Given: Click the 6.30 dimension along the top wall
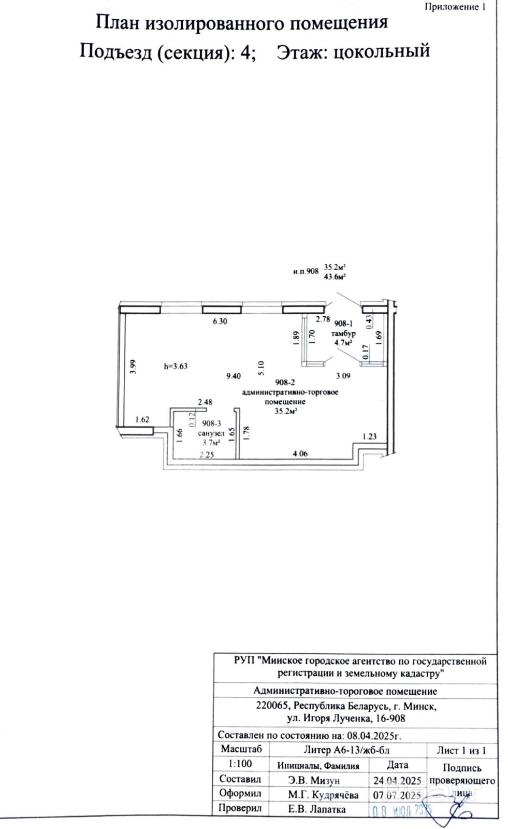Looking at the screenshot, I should [x=220, y=321].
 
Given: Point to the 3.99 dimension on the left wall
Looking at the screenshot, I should [x=134, y=367].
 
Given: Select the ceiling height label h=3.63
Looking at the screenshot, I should [x=175, y=366].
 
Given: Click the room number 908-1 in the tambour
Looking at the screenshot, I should [x=343, y=324].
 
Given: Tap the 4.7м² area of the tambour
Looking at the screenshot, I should [x=342, y=342].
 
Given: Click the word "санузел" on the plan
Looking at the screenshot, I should [x=211, y=433].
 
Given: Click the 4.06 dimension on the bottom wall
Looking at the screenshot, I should [x=300, y=454].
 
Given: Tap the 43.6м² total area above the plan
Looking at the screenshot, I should [x=335, y=277].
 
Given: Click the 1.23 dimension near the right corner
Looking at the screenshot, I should [x=369, y=437].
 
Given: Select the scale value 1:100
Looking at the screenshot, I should [x=240, y=764].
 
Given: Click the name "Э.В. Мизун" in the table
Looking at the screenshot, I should [x=314, y=780].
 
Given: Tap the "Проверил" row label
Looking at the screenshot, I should [x=240, y=808].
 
